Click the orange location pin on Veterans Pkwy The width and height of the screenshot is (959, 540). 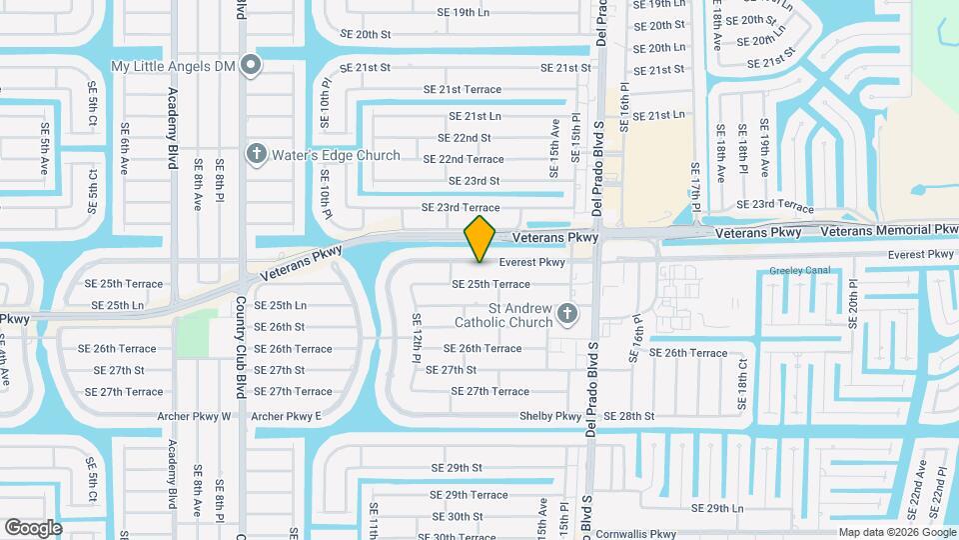click(x=480, y=238)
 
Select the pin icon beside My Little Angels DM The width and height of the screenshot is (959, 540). click(x=252, y=67)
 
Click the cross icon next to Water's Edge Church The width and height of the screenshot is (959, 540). click(x=257, y=155)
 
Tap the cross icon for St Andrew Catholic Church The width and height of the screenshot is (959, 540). click(x=567, y=315)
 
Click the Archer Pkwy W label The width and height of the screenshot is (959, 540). click(x=194, y=416)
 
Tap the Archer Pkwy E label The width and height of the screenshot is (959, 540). click(x=286, y=416)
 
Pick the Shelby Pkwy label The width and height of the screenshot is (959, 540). click(x=550, y=416)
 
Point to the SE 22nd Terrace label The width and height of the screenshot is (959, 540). click(x=464, y=159)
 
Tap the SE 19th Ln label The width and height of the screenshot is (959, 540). click(x=464, y=13)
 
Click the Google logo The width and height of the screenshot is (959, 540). click(x=33, y=528)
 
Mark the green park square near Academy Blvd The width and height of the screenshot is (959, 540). click(x=198, y=333)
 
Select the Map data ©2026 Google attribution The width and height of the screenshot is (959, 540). click(x=896, y=532)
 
